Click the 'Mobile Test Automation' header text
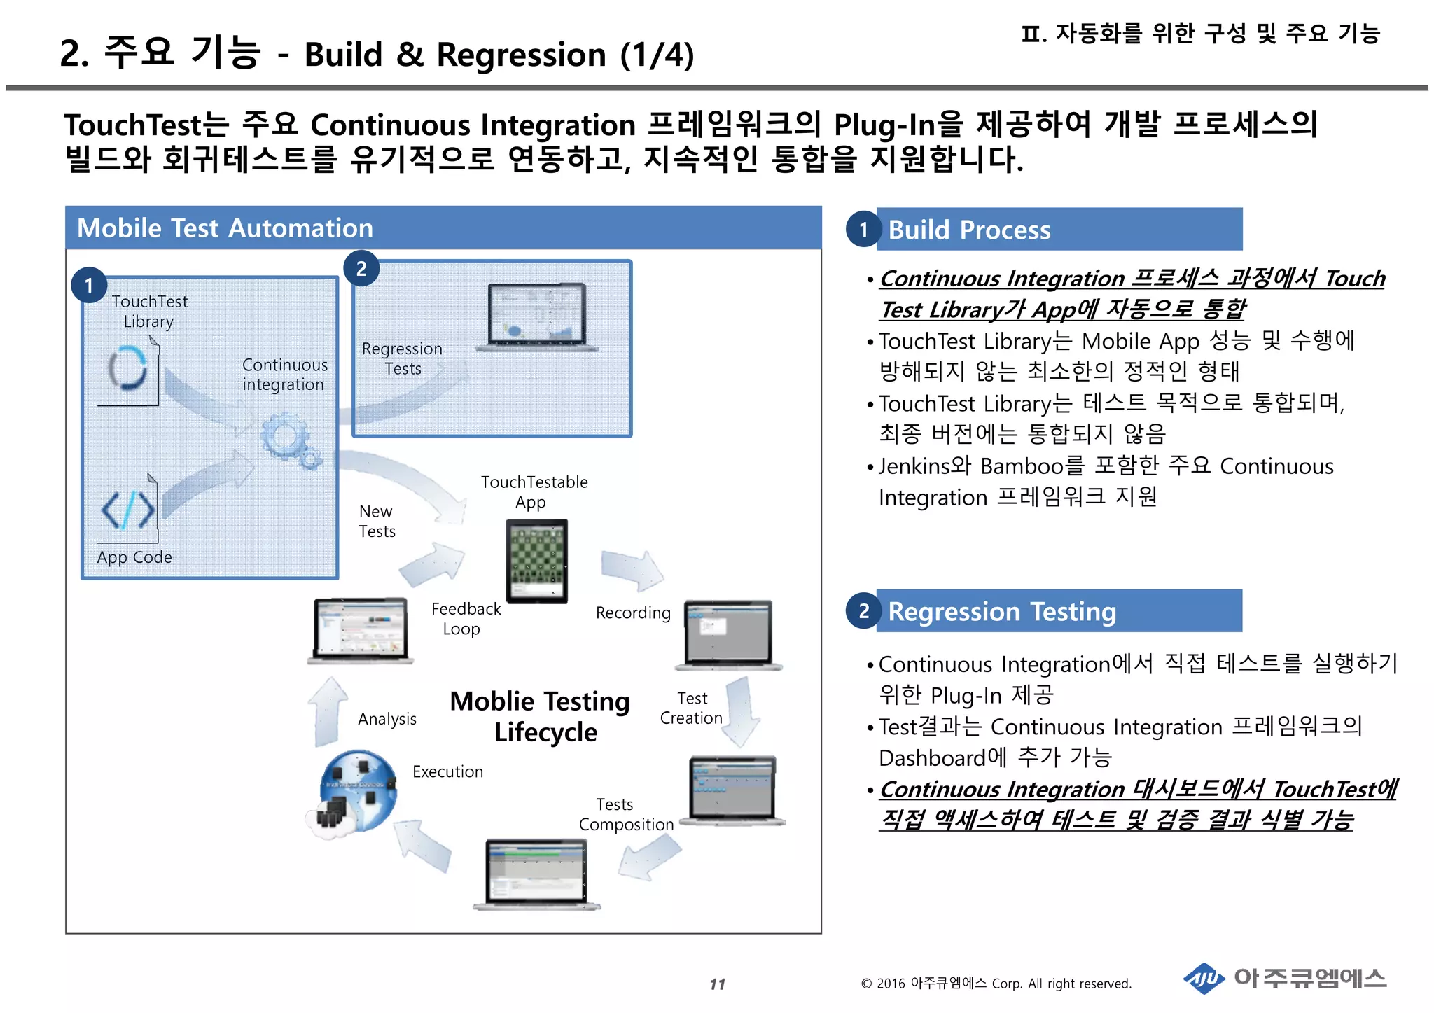225,228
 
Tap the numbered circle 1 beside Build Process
863,229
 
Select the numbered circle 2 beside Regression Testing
863,611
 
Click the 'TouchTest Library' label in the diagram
149,312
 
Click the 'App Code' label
134,557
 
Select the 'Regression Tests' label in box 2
402,358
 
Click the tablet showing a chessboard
536,560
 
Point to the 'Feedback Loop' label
465,619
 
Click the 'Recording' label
633,613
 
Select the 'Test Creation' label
691,708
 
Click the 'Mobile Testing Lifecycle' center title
541,716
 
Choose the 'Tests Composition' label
625,814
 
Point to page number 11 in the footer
717,984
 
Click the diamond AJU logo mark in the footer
1204,978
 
